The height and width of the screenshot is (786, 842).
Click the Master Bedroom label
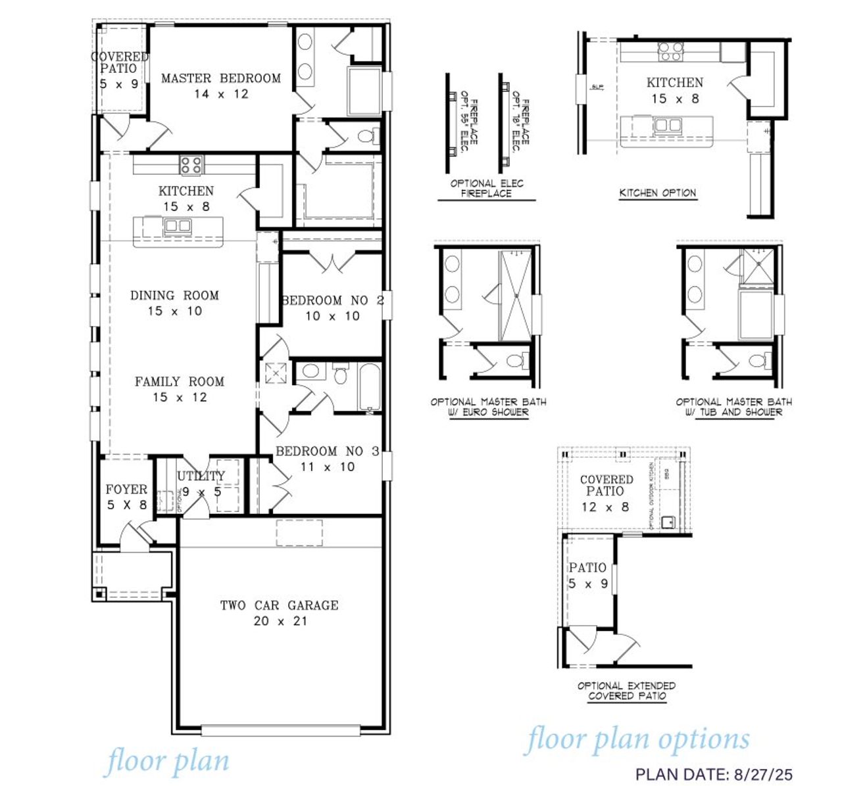tap(220, 78)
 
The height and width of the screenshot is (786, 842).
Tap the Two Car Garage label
tap(280, 605)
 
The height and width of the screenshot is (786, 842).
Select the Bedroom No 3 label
tap(327, 451)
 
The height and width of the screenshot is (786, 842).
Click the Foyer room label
tap(126, 490)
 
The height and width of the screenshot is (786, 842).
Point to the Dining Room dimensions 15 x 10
tap(174, 312)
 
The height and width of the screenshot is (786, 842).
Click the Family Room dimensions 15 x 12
tap(180, 398)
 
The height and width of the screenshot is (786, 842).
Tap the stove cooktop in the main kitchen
tap(191, 164)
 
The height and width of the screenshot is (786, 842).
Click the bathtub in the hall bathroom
tap(370, 388)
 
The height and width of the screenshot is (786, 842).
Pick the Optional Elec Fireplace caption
tap(487, 189)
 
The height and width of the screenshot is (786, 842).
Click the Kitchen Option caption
tap(658, 193)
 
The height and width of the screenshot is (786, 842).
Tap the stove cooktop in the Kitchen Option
tap(672, 51)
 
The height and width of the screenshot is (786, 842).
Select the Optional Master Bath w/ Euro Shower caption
tap(488, 407)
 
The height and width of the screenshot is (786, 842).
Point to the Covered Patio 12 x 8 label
tap(606, 493)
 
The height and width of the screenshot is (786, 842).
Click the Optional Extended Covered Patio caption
tap(626, 691)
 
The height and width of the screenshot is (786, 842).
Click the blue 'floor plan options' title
tap(637, 739)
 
